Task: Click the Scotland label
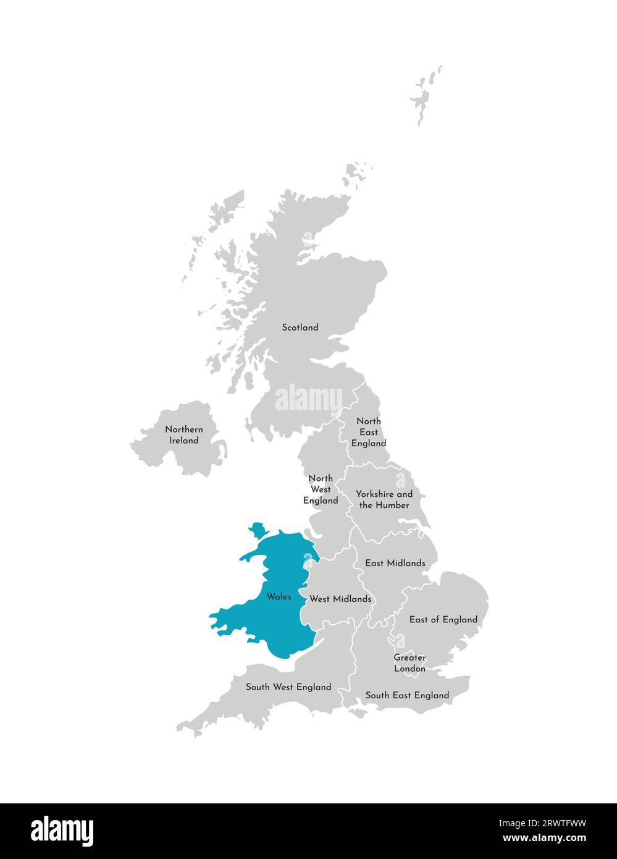(300, 328)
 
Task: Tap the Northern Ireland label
(184, 435)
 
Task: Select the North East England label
(369, 432)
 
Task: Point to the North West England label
(321, 489)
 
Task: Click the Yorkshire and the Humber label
(384, 499)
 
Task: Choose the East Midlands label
(395, 563)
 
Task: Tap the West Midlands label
(340, 599)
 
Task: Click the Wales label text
(279, 597)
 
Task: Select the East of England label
(443, 619)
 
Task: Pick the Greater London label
(409, 663)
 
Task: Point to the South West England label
(288, 687)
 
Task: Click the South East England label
(407, 695)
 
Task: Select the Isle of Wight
(358, 713)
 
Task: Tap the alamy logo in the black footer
(62, 831)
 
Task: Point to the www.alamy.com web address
(544, 839)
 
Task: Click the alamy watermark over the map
(308, 399)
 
